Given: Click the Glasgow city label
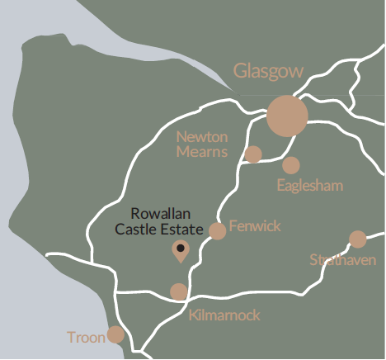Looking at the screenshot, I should coord(269,72).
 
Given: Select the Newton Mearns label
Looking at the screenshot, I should coord(202,143).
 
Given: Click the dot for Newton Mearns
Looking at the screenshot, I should coord(253,154).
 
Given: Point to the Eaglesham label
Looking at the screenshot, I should coord(309,185).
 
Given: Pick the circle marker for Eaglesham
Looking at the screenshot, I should coord(291,165).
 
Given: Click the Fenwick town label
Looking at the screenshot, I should coord(255,225).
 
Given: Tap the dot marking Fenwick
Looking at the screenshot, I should coord(218,231).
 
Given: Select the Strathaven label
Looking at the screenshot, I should coord(343,260).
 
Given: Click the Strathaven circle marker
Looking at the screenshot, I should coord(358,239).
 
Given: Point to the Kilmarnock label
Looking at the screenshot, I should coord(224,315).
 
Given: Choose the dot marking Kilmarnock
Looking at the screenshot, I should coord(179,291).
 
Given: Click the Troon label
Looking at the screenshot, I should coord(87,338).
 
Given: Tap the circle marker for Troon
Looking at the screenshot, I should coord(115,334).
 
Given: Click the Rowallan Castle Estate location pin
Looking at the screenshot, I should coord(180,250).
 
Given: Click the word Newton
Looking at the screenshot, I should coord(202,136).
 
